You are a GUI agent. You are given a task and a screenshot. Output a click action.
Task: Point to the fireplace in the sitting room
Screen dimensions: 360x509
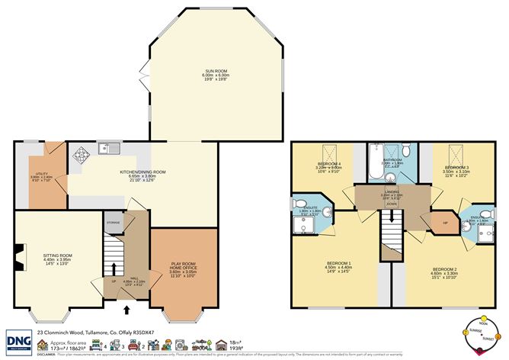click(x=21, y=249)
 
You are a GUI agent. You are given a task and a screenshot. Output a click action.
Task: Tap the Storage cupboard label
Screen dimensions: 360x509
click(x=114, y=223)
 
